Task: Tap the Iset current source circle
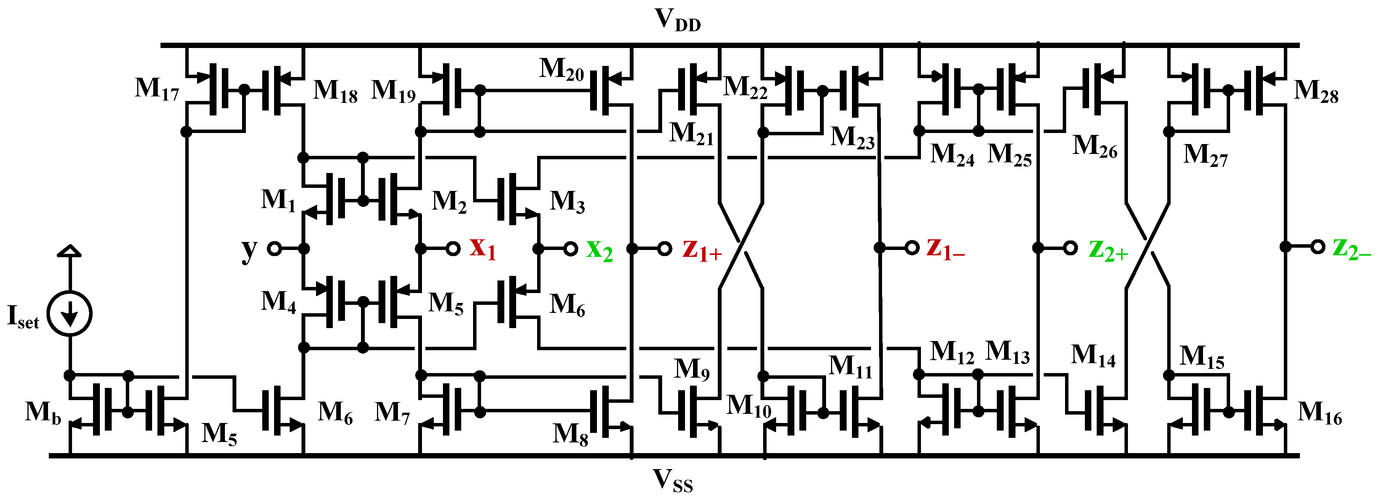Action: tap(69, 314)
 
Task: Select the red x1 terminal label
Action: tap(483, 248)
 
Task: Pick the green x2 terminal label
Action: tap(599, 250)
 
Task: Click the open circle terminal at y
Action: tap(274, 248)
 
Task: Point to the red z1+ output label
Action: tap(702, 250)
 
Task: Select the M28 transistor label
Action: tap(1316, 91)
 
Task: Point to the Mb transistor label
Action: tap(43, 413)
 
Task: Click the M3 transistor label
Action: tap(567, 202)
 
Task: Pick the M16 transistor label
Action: tap(1320, 413)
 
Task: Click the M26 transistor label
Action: tap(1094, 146)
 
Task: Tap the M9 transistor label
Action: tap(691, 369)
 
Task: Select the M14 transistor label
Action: tap(1093, 356)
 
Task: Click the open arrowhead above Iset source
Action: tap(69, 251)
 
